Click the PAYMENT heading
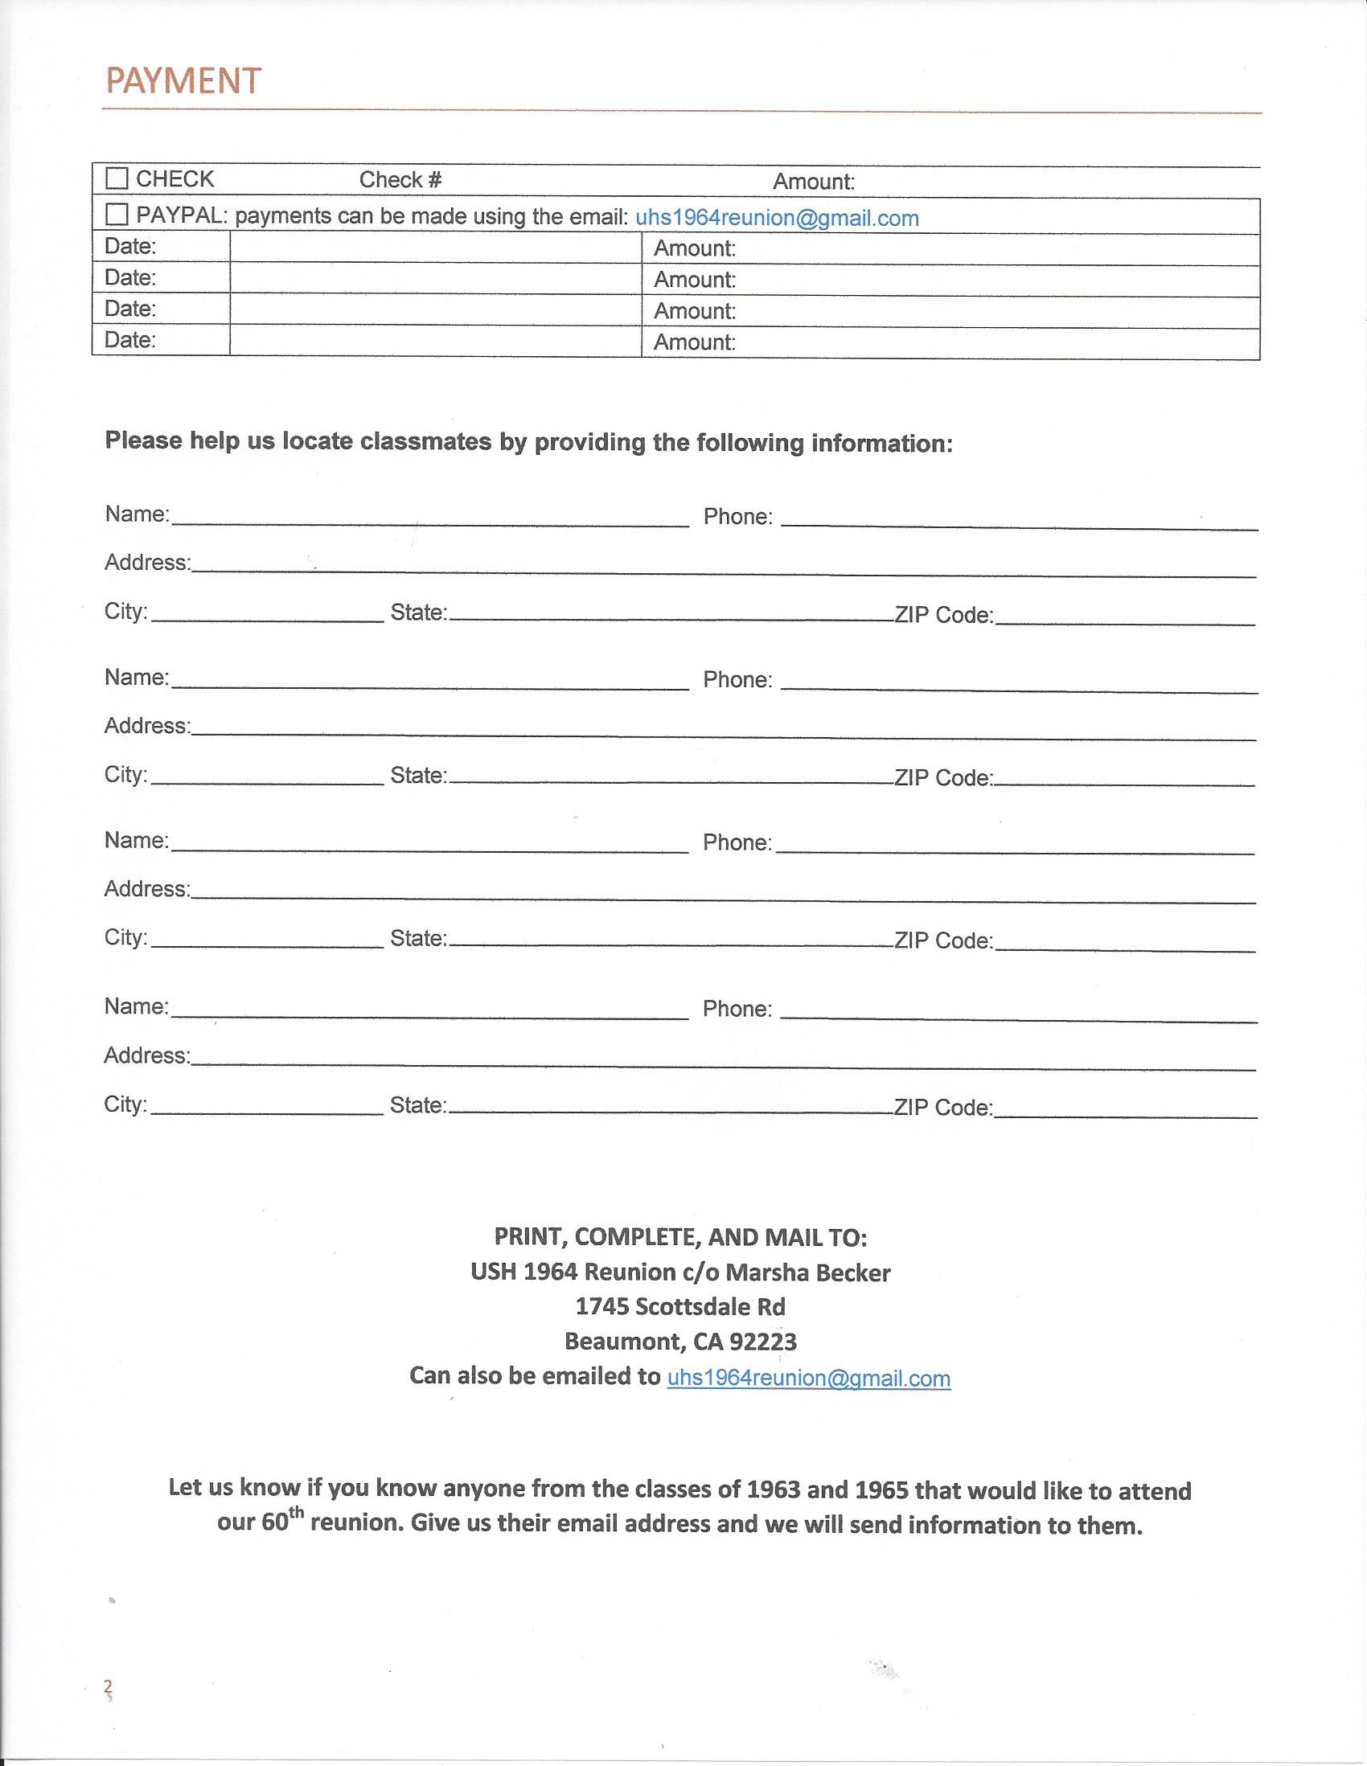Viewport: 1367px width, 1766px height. (183, 81)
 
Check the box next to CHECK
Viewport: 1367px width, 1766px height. (117, 178)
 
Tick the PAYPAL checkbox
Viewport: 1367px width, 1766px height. (117, 215)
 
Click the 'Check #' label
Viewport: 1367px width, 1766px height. (400, 179)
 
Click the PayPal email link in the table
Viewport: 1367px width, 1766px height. (777, 219)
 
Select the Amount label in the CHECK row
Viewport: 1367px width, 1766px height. (813, 182)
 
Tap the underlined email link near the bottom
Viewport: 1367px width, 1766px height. (808, 1378)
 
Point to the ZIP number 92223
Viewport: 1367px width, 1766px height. (763, 1342)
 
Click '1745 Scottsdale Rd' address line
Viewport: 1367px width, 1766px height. (680, 1307)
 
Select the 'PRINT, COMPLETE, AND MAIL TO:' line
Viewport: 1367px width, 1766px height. (680, 1237)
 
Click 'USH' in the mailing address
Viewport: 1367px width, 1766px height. (493, 1272)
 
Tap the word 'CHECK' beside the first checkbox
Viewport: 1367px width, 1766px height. (174, 178)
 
